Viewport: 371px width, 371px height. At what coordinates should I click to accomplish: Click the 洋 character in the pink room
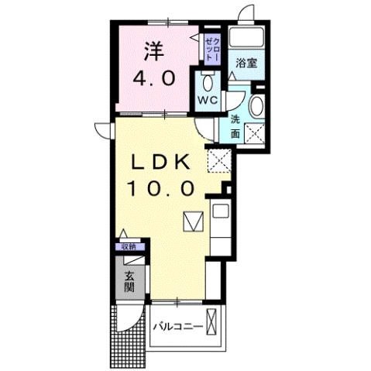pos(153,52)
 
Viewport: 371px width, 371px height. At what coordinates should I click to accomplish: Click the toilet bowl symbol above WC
pos(206,82)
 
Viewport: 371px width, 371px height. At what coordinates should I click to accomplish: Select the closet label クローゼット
pos(214,46)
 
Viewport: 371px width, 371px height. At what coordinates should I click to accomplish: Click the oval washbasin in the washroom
pos(257,105)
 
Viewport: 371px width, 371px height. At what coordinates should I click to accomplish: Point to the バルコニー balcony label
pos(177,326)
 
